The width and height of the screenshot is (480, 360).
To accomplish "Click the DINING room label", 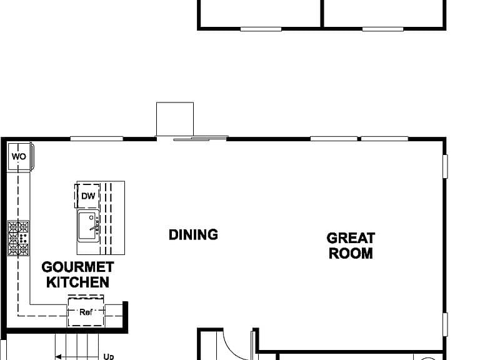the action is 193,234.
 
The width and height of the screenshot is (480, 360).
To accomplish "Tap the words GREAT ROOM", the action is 351,246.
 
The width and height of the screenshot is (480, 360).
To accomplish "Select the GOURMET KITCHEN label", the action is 77,274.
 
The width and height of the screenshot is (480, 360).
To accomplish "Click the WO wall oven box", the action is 19,156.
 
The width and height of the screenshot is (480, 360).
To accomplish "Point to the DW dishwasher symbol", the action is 87,196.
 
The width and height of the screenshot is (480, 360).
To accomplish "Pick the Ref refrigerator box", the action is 86,312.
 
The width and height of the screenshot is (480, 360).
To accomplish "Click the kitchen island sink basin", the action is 88,226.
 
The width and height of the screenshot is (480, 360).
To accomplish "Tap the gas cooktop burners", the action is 18,238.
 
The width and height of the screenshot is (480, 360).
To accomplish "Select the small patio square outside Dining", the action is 175,119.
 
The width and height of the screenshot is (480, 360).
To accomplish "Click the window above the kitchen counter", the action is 97,139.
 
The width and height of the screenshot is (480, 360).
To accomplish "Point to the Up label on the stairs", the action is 109,357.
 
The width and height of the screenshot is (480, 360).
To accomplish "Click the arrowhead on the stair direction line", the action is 58,357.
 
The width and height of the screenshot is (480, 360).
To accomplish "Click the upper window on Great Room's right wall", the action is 446,166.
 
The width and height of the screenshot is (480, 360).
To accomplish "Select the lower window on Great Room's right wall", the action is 446,324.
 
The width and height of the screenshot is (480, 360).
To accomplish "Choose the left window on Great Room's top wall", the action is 334,139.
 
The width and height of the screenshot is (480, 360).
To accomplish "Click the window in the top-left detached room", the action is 261,29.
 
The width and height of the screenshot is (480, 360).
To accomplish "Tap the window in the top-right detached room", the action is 382,29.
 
